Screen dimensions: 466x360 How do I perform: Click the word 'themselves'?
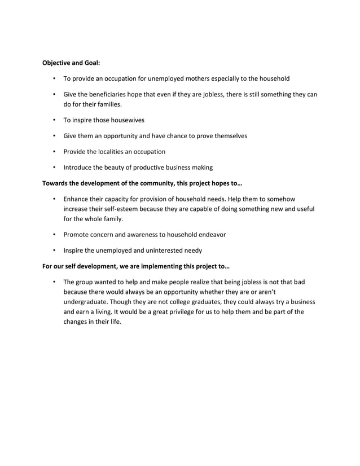(x=229, y=136)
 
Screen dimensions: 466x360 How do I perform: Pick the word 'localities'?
(x=115, y=152)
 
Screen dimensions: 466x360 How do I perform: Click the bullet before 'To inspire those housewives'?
(x=54, y=120)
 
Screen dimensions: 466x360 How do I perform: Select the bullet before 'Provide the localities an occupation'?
(x=54, y=152)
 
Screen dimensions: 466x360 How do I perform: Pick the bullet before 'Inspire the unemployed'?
(x=54, y=250)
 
